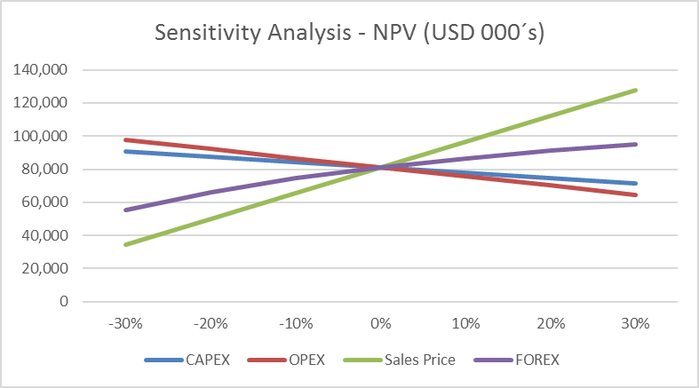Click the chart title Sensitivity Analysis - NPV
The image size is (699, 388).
349,33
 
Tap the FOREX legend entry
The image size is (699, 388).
528,360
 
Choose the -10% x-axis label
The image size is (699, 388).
296,323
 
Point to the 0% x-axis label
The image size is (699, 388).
381,323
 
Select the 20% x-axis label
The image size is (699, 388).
551,323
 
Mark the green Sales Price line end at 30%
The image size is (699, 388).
636,90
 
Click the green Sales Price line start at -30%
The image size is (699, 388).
125,244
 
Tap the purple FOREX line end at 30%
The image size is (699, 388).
636,144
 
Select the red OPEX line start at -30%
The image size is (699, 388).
125,139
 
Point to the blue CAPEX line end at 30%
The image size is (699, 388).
636,184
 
